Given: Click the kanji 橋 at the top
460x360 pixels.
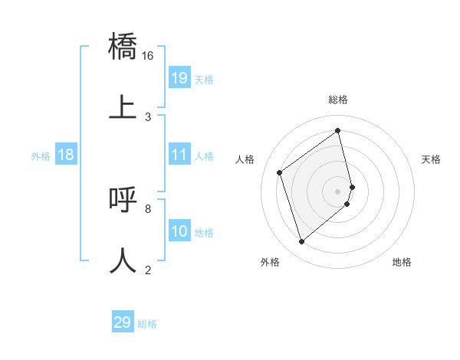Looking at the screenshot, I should click(x=123, y=47).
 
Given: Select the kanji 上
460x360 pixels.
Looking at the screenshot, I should click(x=123, y=106).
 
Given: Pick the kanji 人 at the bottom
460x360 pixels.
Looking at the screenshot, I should click(x=123, y=260).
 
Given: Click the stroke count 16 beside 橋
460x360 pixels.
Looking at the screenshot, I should click(x=148, y=56).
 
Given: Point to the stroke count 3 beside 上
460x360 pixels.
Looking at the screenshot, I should click(x=148, y=116).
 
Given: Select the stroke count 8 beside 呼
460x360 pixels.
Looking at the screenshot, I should click(x=148, y=208).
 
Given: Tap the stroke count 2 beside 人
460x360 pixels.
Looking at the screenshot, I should click(x=148, y=270).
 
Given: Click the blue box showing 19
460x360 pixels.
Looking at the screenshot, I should click(x=179, y=77).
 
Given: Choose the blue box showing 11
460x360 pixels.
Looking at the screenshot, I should click(x=179, y=155).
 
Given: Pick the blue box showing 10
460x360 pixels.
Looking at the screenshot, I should click(x=179, y=231).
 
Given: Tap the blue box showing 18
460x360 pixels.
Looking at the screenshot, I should click(x=66, y=155).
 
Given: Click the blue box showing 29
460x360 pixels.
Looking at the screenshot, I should click(x=123, y=322).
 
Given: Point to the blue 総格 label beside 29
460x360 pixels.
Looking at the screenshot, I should click(x=147, y=324).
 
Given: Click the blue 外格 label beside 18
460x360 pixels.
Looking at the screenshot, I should click(x=41, y=156).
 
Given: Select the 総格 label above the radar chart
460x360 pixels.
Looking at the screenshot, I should click(x=338, y=100).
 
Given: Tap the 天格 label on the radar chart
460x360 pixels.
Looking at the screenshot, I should click(x=431, y=159).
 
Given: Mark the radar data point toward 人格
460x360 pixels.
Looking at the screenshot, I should click(x=280, y=173).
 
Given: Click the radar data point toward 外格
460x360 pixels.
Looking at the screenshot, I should click(x=301, y=242).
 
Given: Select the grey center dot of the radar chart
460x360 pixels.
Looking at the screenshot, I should click(x=338, y=190).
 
